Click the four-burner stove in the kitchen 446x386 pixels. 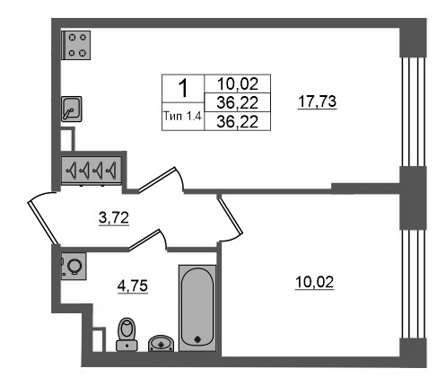[x=75, y=45]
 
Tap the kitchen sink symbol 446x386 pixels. [x=72, y=109]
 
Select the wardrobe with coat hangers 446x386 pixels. [x=92, y=170]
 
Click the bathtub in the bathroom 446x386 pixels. [x=197, y=308]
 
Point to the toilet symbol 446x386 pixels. [x=127, y=334]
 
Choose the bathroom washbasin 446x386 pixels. [x=161, y=343]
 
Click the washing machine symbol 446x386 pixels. [x=74, y=266]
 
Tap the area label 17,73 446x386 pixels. [x=318, y=101]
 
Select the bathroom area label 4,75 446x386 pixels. [x=133, y=285]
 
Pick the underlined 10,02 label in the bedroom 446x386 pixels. [x=314, y=282]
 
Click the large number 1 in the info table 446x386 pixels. [x=183, y=88]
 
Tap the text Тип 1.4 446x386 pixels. [x=182, y=116]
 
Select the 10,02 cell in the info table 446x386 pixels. [x=238, y=83]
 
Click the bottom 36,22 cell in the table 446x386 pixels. [x=238, y=121]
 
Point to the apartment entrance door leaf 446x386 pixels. [x=43, y=223]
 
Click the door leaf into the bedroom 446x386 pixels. [x=230, y=215]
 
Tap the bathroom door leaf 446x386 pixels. [x=144, y=241]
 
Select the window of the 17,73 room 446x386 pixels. [x=413, y=111]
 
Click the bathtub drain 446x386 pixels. [x=197, y=339]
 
